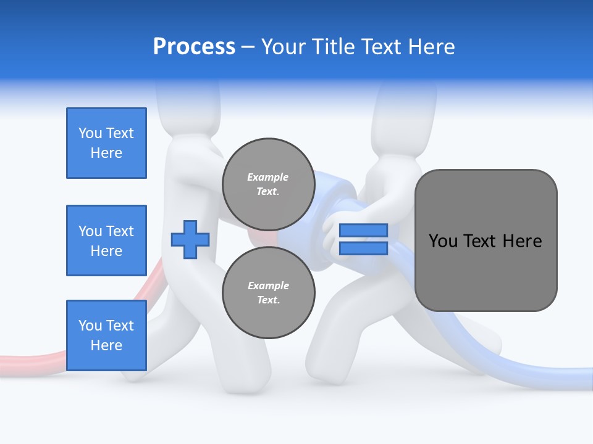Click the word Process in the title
194,47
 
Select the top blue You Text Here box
106,143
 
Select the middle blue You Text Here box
106,240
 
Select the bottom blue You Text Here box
106,335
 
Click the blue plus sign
190,239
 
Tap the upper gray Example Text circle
268,184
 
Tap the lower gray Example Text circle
268,292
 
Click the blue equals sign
363,239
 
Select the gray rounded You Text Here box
486,240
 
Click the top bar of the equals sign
363,231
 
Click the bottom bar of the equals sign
363,249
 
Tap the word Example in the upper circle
268,177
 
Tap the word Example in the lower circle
268,286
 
